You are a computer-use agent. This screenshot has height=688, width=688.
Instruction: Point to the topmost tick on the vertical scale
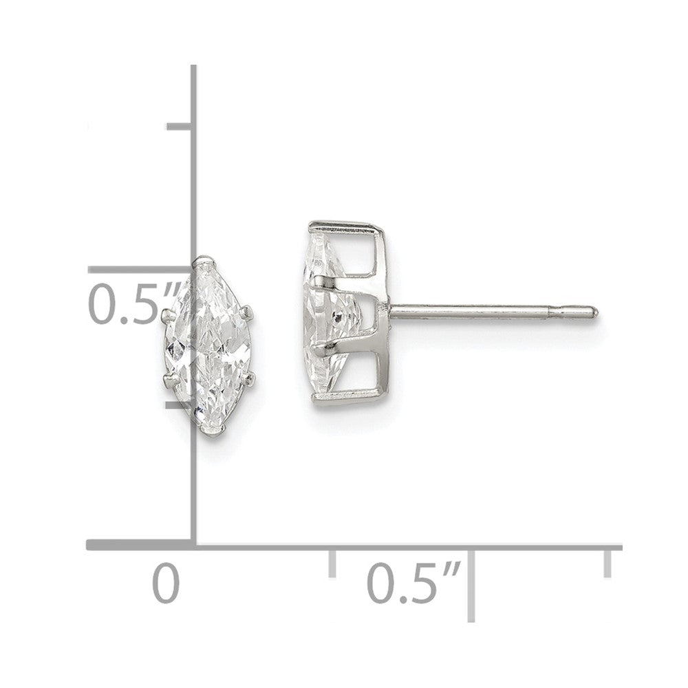tap(181, 126)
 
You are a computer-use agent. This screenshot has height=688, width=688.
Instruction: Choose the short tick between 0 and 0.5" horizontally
tap(332, 562)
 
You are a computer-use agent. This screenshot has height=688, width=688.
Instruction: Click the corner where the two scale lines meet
tap(195, 546)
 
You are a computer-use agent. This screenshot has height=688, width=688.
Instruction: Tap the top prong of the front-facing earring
tap(204, 261)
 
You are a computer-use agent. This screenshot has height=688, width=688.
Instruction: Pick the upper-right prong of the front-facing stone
tap(252, 315)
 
